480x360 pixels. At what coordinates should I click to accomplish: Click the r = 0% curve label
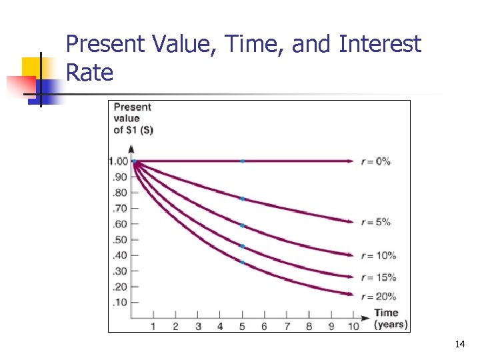tap(376, 161)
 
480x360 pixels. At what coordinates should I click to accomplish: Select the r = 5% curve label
tap(376, 222)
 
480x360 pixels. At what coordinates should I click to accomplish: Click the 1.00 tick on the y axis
tap(119, 161)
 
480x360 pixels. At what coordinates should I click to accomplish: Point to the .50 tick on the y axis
tap(120, 240)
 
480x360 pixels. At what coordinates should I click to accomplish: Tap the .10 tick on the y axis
tap(120, 303)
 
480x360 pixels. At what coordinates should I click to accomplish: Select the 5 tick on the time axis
tap(242, 326)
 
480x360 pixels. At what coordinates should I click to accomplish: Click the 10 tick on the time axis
tap(353, 326)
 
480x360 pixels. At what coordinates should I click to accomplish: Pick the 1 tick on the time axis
tap(153, 326)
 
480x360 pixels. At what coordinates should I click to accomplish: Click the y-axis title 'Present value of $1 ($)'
tap(133, 118)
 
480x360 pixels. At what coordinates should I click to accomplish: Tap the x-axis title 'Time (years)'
tap(386, 319)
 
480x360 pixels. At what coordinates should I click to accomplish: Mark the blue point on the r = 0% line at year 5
tap(243, 161)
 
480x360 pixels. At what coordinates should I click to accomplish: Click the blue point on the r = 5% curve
tap(243, 199)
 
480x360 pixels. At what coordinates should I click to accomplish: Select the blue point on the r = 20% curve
tap(243, 263)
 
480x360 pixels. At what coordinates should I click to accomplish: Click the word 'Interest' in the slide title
tap(380, 45)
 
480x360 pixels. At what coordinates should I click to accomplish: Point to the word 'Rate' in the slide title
tap(90, 73)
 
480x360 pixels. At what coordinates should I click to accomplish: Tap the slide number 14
tap(459, 345)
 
